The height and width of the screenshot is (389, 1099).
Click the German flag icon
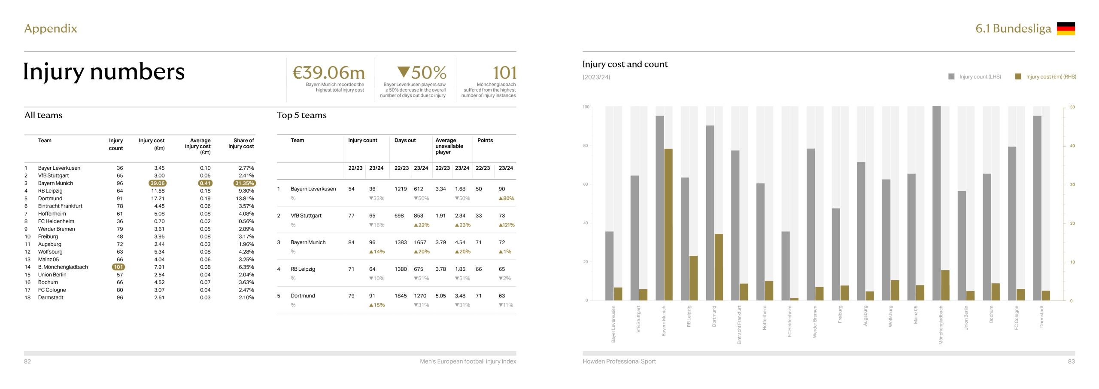pyautogui.click(x=1066, y=28)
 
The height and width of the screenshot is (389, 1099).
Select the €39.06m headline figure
pyautogui.click(x=328, y=72)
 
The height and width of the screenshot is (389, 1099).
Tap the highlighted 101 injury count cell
pyautogui.click(x=118, y=267)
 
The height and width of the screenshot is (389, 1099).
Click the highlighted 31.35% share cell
pyautogui.click(x=244, y=183)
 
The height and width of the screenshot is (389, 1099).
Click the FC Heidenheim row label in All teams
pyautogui.click(x=56, y=221)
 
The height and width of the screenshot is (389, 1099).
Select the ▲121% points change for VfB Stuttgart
pyautogui.click(x=506, y=225)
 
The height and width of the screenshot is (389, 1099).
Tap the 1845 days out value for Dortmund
pyautogui.click(x=401, y=296)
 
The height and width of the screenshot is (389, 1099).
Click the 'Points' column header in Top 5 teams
pyautogui.click(x=485, y=141)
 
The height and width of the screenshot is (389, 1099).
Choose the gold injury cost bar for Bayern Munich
pyautogui.click(x=668, y=224)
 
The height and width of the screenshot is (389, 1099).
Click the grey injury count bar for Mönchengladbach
pyautogui.click(x=937, y=203)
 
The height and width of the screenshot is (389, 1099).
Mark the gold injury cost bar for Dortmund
pyautogui.click(x=719, y=267)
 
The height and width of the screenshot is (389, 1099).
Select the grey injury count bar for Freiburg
pyautogui.click(x=836, y=254)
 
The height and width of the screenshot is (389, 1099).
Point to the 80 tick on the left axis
pyautogui.click(x=586, y=146)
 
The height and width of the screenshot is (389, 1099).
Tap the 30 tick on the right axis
pyautogui.click(x=1072, y=185)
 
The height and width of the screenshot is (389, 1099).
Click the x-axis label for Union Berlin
pyautogui.click(x=966, y=318)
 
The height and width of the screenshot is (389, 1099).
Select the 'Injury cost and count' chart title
pyautogui.click(x=625, y=64)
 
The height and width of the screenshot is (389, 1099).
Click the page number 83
pyautogui.click(x=1071, y=361)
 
